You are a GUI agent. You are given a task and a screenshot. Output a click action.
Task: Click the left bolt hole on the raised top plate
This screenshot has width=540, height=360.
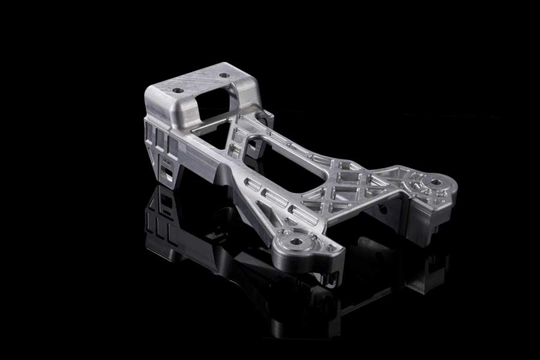178,90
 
